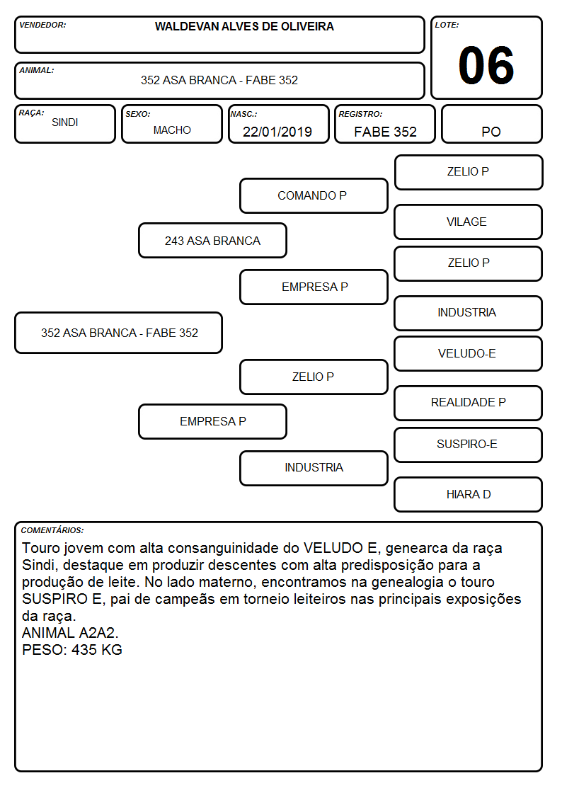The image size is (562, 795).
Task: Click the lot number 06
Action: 486,65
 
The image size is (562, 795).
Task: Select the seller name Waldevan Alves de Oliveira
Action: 244,26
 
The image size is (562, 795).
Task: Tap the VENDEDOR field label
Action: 42,25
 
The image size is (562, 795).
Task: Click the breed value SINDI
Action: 65,122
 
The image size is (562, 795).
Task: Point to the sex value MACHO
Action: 172,130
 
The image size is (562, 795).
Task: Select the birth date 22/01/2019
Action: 277,132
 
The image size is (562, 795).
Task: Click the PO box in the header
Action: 491,124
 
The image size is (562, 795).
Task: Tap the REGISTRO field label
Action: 360,114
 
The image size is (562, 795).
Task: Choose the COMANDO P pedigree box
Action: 314,195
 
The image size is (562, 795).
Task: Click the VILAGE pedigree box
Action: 469,222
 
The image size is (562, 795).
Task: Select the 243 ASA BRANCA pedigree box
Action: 213,241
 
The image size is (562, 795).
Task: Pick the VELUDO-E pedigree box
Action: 469,353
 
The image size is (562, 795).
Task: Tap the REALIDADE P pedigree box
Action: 469,403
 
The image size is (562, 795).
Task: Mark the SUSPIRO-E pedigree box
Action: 469,445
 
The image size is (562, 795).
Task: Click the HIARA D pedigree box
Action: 469,494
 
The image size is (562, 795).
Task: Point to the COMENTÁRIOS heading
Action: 52,530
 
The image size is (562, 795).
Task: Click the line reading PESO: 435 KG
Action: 72,650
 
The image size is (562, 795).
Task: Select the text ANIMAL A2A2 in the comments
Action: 69,633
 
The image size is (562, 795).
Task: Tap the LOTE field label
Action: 447,25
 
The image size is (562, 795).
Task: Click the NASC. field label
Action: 243,114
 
